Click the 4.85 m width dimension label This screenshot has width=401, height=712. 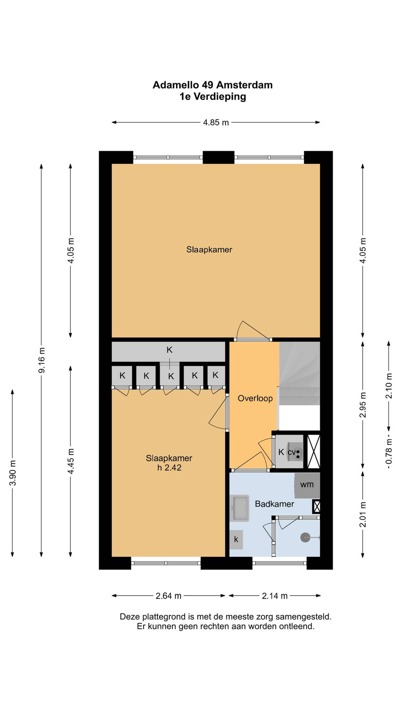(216, 122)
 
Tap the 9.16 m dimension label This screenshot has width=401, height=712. (42, 360)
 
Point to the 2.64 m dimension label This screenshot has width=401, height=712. (168, 596)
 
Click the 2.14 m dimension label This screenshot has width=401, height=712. (274, 596)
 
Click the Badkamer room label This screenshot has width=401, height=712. (274, 504)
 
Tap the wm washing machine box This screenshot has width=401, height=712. (307, 484)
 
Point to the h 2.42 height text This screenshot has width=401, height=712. (169, 468)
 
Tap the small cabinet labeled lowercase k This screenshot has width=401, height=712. (236, 539)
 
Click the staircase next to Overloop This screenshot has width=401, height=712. (299, 373)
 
